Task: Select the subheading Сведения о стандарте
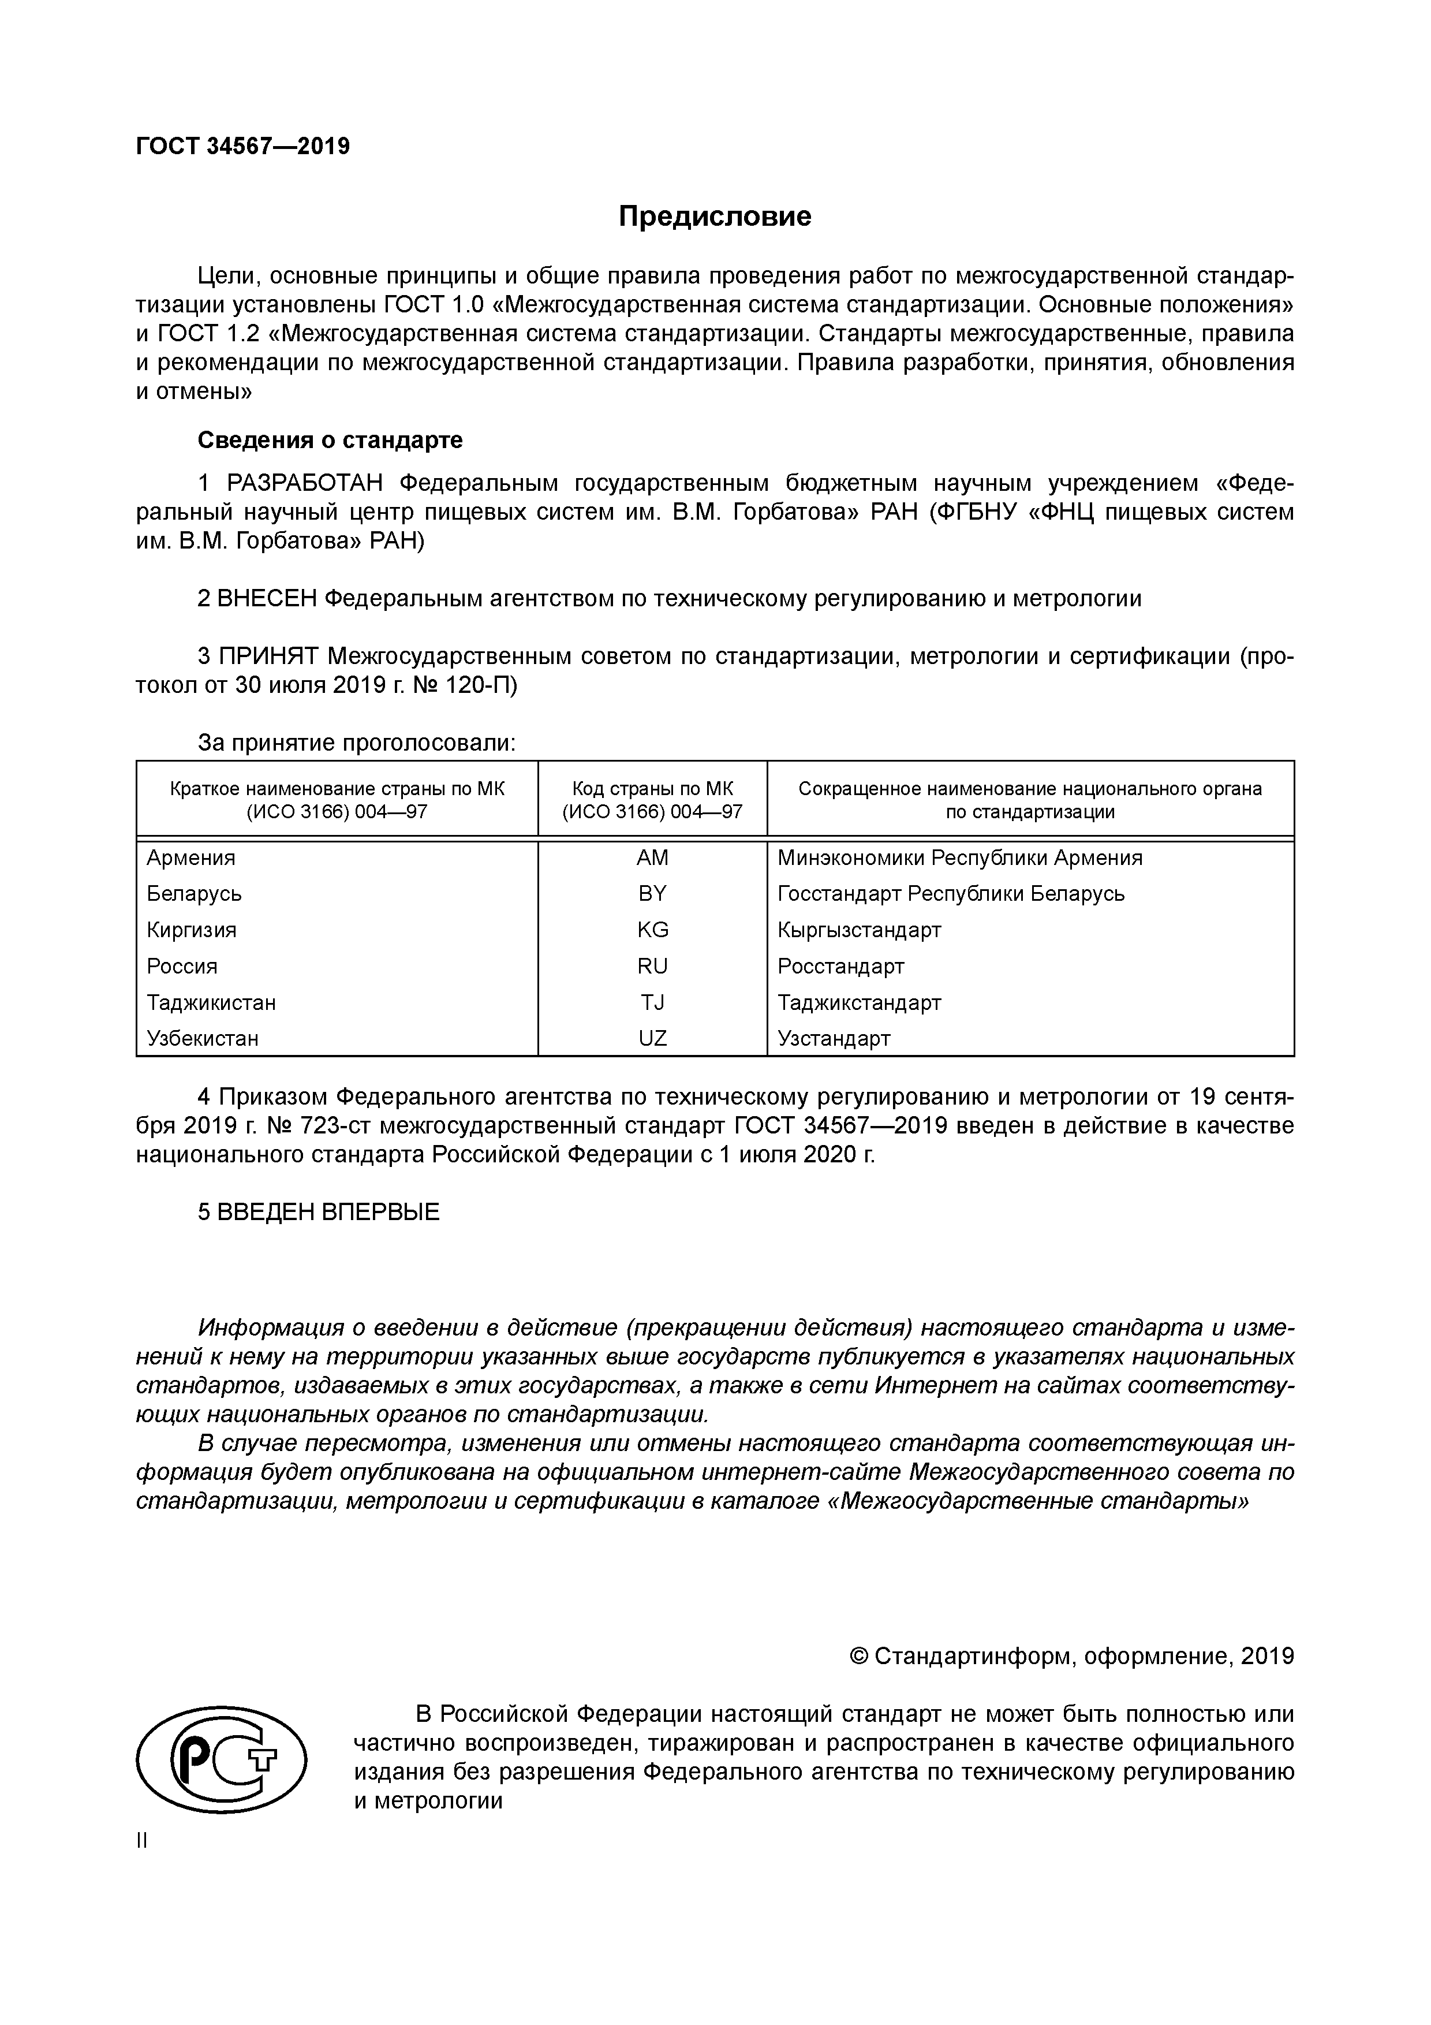tap(330, 439)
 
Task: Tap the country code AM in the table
tap(652, 857)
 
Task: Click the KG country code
tap(652, 930)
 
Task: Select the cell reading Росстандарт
tap(840, 966)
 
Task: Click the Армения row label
tap(190, 857)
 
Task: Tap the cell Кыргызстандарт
tap(859, 930)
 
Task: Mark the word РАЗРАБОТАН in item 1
tap(305, 483)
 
